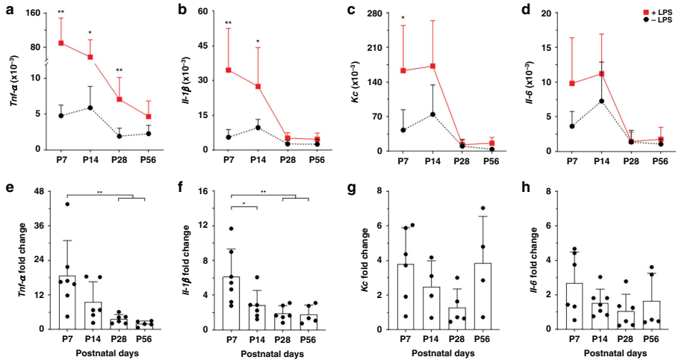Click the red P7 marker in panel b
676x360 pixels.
pos(228,70)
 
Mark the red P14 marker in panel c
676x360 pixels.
pos(432,66)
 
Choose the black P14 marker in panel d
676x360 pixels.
pos(601,101)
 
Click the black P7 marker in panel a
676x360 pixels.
pos(61,116)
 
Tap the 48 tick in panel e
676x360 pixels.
pos(39,191)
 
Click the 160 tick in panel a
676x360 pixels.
pos(36,13)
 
